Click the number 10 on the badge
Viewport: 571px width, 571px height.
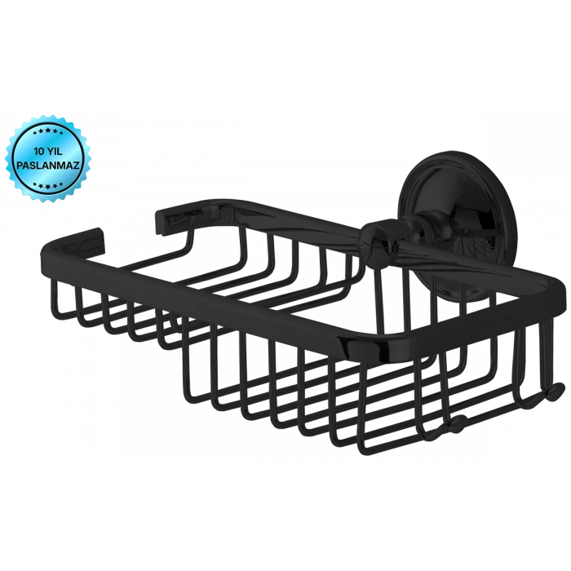tap(38, 151)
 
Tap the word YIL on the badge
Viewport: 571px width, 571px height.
tap(53, 151)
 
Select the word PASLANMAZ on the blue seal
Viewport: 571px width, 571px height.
tap(48, 165)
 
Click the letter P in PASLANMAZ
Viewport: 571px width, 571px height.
tap(20, 165)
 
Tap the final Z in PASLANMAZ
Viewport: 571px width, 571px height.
tap(77, 165)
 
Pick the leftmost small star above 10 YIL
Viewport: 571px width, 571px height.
tap(34, 131)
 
